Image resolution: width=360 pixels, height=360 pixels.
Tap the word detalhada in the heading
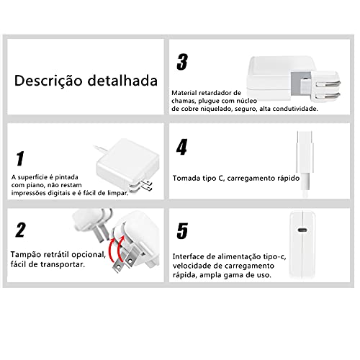point(120,80)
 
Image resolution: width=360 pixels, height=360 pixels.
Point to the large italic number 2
point(21,230)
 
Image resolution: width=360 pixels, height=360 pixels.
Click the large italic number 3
point(182,63)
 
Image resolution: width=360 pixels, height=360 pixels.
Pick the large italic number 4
point(182,147)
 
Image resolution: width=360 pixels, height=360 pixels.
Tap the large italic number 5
point(182,230)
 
